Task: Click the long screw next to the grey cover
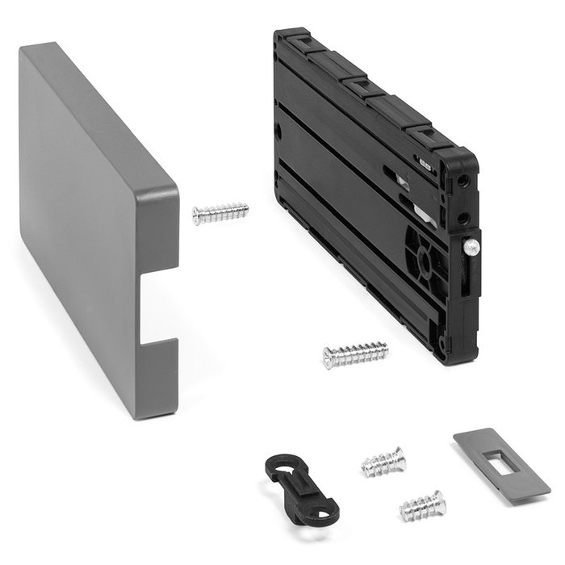(x=220, y=213)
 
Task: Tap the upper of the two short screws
(x=383, y=462)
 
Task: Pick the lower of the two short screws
(x=422, y=506)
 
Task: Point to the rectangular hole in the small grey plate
(x=496, y=463)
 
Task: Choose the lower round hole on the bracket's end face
(x=462, y=218)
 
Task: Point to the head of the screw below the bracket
(x=329, y=358)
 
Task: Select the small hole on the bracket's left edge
(x=278, y=129)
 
